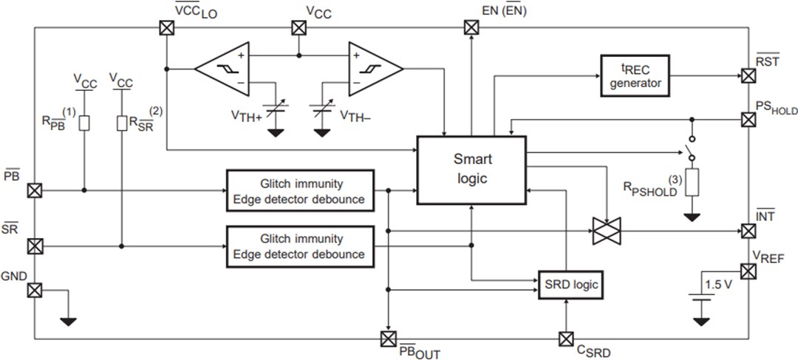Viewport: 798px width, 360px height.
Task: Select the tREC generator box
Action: (x=635, y=75)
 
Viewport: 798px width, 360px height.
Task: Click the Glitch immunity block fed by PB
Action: (x=301, y=191)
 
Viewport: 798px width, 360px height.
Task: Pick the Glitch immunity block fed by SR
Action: (x=301, y=246)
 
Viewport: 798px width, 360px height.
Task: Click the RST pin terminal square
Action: (x=748, y=75)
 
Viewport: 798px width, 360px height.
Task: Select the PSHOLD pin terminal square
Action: (x=748, y=119)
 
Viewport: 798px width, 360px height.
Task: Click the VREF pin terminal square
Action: (x=748, y=272)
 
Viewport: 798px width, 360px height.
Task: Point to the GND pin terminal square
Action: (x=34, y=290)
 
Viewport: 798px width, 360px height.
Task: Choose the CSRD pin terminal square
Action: (x=565, y=339)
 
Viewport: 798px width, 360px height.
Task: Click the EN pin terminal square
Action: (x=471, y=28)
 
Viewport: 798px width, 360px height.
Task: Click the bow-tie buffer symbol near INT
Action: (x=607, y=231)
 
